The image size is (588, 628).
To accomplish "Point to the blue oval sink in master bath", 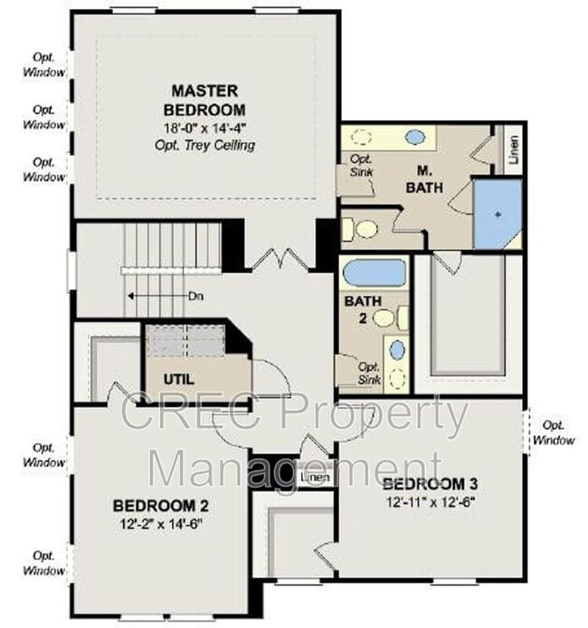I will pyautogui.click(x=415, y=138).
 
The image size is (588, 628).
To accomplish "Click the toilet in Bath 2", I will pyautogui.click(x=384, y=318).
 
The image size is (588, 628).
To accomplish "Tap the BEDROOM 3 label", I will pyautogui.click(x=429, y=482).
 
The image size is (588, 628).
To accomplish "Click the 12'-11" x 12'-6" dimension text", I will pyautogui.click(x=429, y=500).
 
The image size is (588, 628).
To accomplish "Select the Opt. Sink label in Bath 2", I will pyautogui.click(x=369, y=373).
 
